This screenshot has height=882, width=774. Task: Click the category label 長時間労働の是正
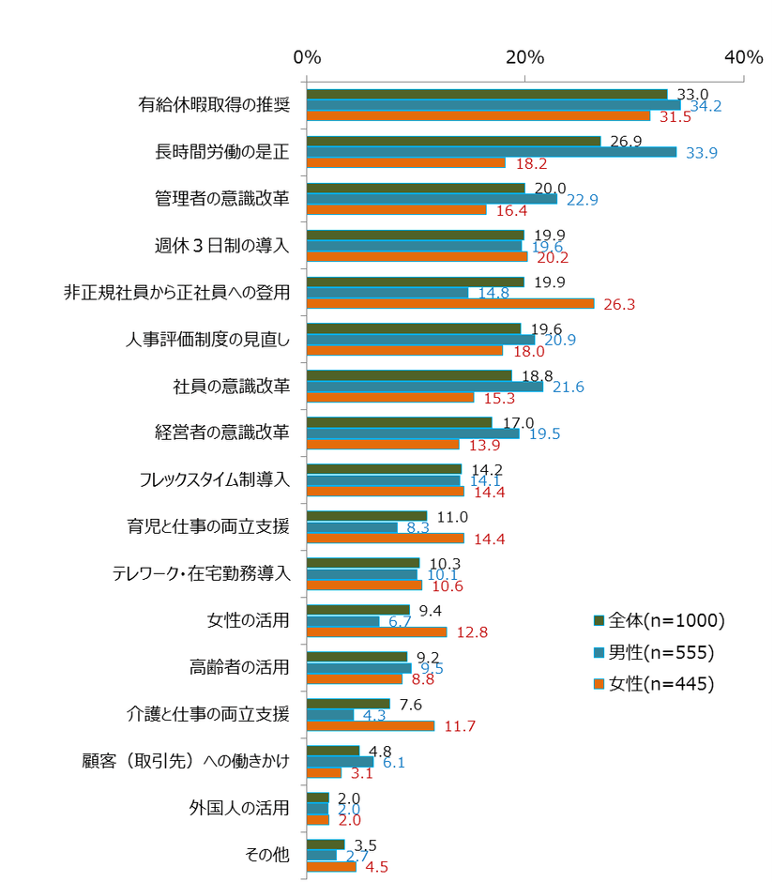(222, 152)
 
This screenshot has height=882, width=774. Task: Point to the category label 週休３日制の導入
(222, 246)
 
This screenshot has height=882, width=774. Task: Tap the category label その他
(266, 855)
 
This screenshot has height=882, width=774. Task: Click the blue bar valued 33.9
(492, 152)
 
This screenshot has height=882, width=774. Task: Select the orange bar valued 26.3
(450, 303)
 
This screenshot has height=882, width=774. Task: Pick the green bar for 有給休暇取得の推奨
(487, 94)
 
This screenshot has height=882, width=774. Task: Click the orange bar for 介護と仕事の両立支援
(371, 725)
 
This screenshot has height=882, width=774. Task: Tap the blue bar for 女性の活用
(343, 621)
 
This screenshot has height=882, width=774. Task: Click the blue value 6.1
(393, 762)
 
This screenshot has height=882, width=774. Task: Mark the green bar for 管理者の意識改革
(416, 188)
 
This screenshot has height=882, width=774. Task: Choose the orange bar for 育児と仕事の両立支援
(386, 538)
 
